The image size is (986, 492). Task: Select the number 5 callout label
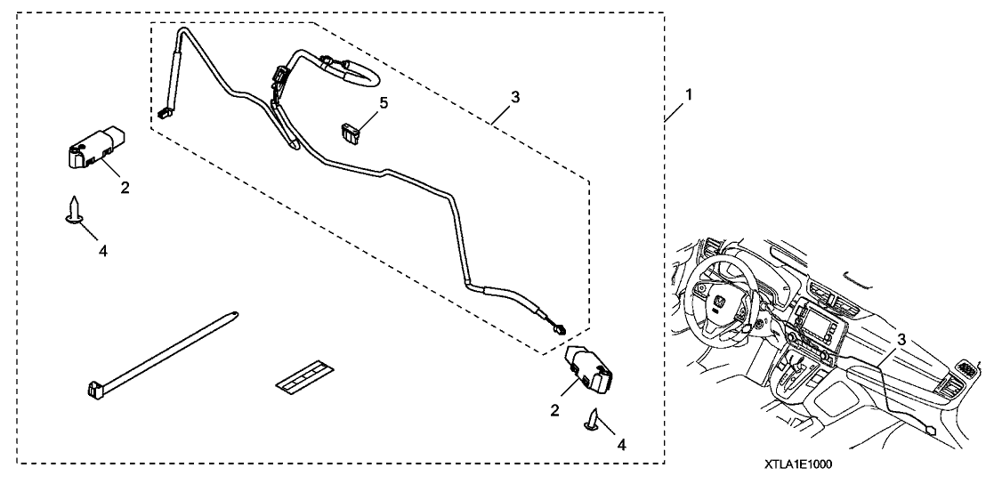[x=384, y=103]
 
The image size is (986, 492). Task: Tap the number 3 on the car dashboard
[x=901, y=339]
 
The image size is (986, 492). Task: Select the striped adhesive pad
[x=299, y=376]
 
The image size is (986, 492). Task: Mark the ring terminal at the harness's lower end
[x=560, y=327]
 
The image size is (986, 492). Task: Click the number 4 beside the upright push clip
[x=103, y=252]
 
